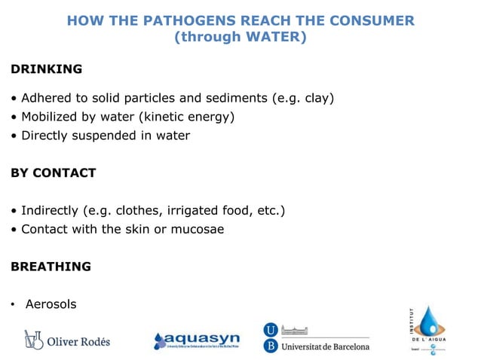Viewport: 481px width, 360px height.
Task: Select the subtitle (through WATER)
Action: click(x=240, y=36)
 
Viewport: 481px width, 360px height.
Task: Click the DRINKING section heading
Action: click(x=46, y=69)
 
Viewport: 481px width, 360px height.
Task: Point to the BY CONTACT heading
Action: click(x=53, y=172)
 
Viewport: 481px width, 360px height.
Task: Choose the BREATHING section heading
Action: click(x=51, y=267)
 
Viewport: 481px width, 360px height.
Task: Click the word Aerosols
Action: click(x=51, y=304)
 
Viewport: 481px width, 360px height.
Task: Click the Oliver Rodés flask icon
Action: click(x=32, y=340)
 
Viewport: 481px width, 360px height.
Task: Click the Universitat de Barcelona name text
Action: click(x=325, y=346)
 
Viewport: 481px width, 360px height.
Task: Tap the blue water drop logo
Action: click(x=430, y=323)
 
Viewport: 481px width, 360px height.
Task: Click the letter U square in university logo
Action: click(x=270, y=330)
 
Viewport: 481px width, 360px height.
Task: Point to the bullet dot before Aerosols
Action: click(x=13, y=305)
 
